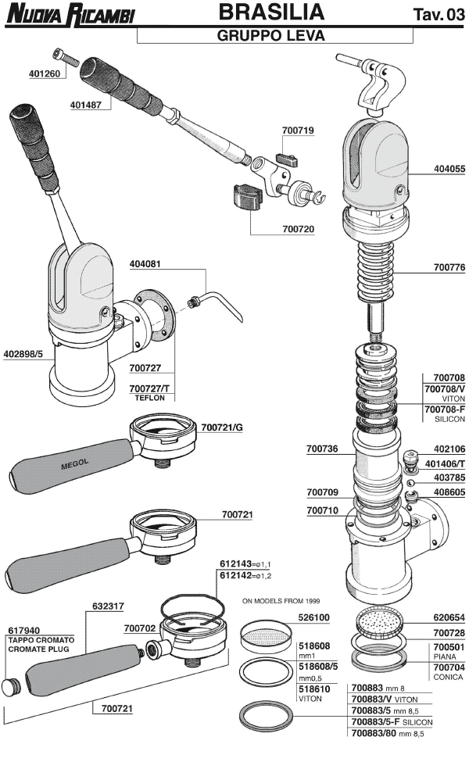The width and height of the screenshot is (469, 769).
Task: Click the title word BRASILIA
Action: [x=270, y=13]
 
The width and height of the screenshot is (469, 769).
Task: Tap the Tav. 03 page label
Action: [x=438, y=15]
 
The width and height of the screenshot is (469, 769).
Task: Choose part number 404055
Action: [x=449, y=168]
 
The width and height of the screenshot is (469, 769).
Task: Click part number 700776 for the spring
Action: [x=449, y=267]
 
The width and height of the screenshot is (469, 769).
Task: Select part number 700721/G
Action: [x=222, y=427]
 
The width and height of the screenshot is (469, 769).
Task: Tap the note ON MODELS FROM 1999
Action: [x=277, y=601]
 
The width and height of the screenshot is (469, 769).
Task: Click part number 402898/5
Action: [x=29, y=353]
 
